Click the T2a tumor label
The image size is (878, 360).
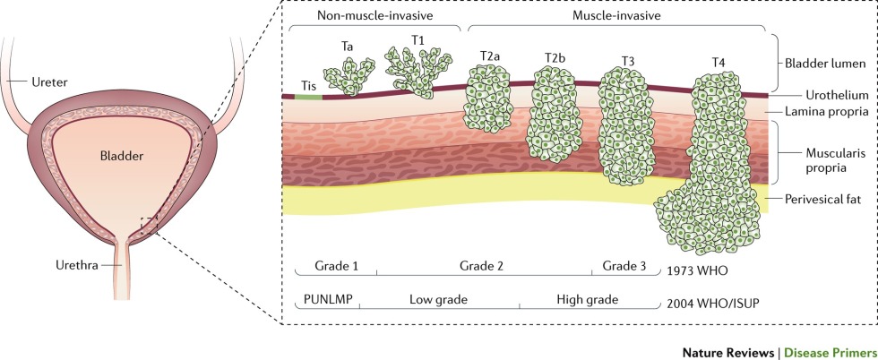coord(489,56)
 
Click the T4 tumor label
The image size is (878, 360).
coord(718,61)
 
